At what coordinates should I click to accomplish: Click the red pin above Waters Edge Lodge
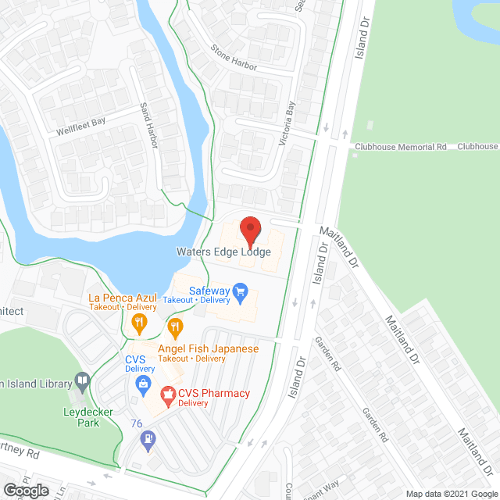(x=250, y=231)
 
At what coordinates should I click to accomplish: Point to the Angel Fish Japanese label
(x=208, y=348)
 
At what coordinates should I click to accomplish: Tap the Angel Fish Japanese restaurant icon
(x=176, y=327)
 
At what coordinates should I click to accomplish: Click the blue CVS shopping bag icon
(x=143, y=383)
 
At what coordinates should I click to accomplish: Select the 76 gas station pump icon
(x=146, y=441)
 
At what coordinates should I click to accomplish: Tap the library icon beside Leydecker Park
(x=81, y=381)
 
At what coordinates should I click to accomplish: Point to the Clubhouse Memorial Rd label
(x=400, y=146)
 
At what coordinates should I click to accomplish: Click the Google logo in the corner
(x=26, y=490)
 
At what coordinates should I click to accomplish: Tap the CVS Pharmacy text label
(x=214, y=393)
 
